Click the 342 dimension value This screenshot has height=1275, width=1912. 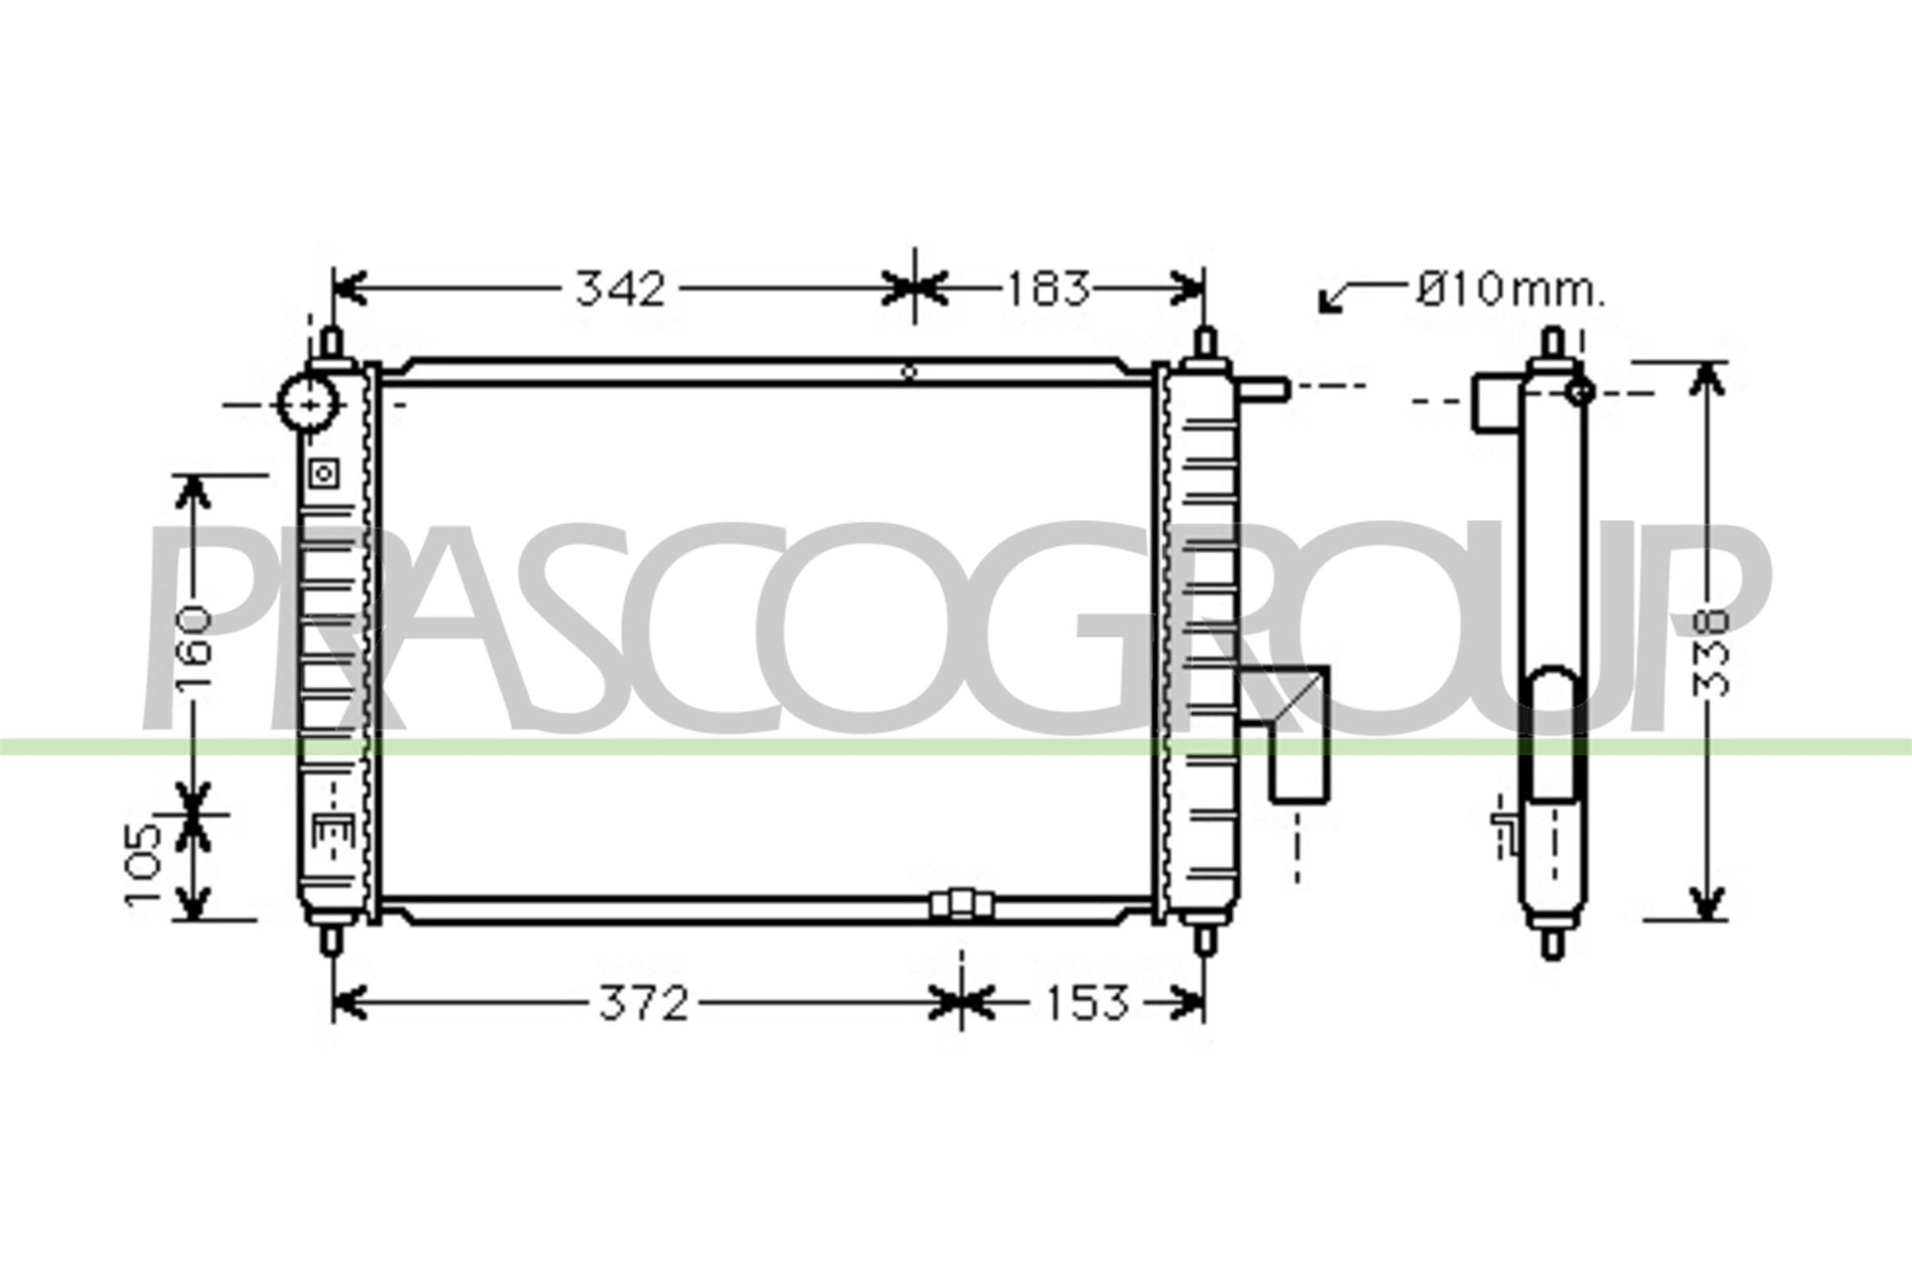621,288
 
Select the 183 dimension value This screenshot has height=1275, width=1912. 1048,289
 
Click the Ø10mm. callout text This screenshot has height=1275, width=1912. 1510,290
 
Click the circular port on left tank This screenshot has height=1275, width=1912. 308,402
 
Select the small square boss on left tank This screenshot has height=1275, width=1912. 324,473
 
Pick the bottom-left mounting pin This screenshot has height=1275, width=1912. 330,941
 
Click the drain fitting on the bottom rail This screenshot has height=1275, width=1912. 962,904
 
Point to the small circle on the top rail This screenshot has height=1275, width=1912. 910,372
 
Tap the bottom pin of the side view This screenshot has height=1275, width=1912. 1552,944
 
